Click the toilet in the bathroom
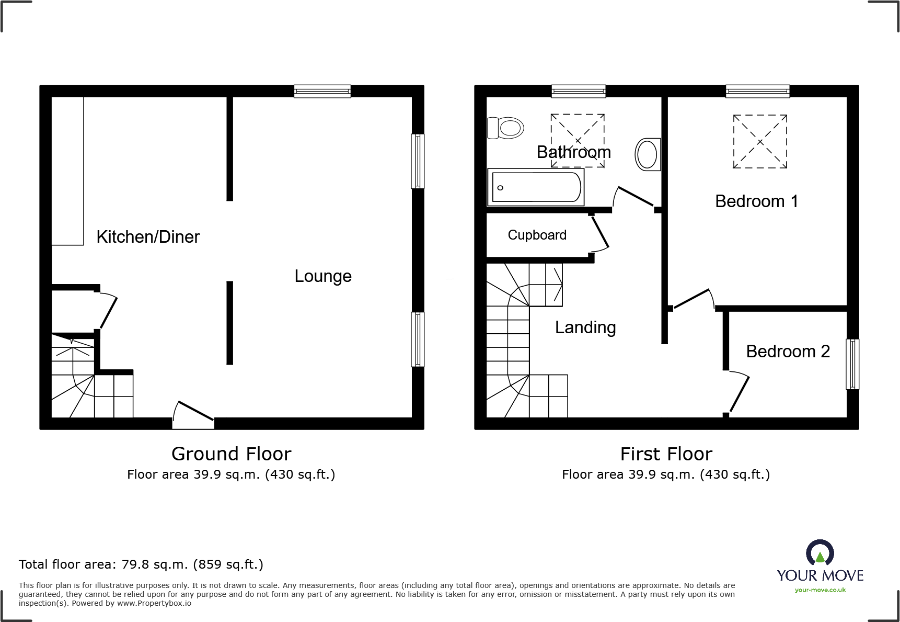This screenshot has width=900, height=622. (x=506, y=128)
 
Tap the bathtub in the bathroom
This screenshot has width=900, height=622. (x=535, y=187)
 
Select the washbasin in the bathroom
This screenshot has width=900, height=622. (x=648, y=154)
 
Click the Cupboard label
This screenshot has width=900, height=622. (x=537, y=235)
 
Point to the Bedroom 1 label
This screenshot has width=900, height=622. (x=756, y=201)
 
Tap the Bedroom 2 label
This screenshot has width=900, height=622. (x=788, y=352)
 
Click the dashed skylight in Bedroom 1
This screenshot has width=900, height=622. (x=760, y=142)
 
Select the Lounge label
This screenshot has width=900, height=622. (x=322, y=276)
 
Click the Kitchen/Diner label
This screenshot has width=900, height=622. (x=148, y=237)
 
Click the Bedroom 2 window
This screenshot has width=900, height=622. (x=852, y=364)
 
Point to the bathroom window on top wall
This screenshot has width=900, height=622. (x=579, y=92)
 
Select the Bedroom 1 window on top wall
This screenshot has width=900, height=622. (x=757, y=92)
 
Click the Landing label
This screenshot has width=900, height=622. (x=585, y=327)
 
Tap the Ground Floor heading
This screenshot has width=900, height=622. (x=231, y=454)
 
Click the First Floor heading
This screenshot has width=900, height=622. (x=666, y=454)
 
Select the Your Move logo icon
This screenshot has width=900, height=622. (x=820, y=553)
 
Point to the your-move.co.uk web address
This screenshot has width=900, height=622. (x=820, y=590)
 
